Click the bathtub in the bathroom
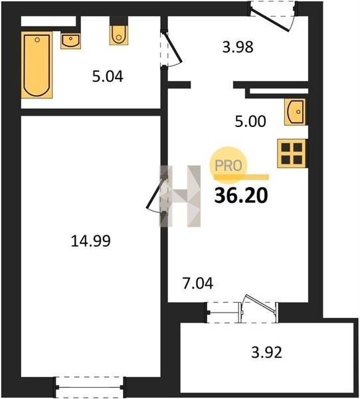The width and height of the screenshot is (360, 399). (37, 65)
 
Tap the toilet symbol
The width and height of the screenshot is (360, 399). (118, 35)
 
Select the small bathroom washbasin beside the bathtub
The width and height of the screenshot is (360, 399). (70, 41)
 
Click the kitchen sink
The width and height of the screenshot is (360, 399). (296, 112)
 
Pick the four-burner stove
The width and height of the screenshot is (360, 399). (292, 154)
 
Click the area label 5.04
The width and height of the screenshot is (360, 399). (108, 76)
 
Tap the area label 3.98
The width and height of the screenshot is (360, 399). (238, 47)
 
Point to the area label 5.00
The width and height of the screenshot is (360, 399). (250, 122)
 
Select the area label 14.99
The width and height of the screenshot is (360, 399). (91, 241)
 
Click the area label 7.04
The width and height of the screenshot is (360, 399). (198, 284)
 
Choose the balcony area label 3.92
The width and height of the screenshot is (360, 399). (266, 352)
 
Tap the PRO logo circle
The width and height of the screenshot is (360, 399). (228, 166)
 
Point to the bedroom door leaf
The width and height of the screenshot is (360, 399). (155, 193)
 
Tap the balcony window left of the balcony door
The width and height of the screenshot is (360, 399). (224, 313)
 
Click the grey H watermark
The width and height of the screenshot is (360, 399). (180, 196)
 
